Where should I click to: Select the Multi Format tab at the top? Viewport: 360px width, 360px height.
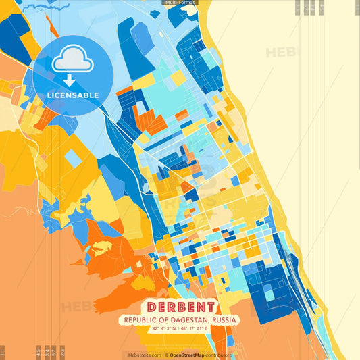coord(180,3)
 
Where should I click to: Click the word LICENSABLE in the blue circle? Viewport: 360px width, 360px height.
coord(72,95)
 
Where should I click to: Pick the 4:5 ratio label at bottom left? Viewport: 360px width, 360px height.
coord(38,351)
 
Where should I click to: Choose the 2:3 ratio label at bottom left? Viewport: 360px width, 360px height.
coord(62,351)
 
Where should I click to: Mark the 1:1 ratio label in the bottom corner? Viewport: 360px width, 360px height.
coord(3,351)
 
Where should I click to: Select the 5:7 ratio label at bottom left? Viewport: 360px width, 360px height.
coord(54,351)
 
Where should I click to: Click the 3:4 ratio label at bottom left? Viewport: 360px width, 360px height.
coord(47,351)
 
